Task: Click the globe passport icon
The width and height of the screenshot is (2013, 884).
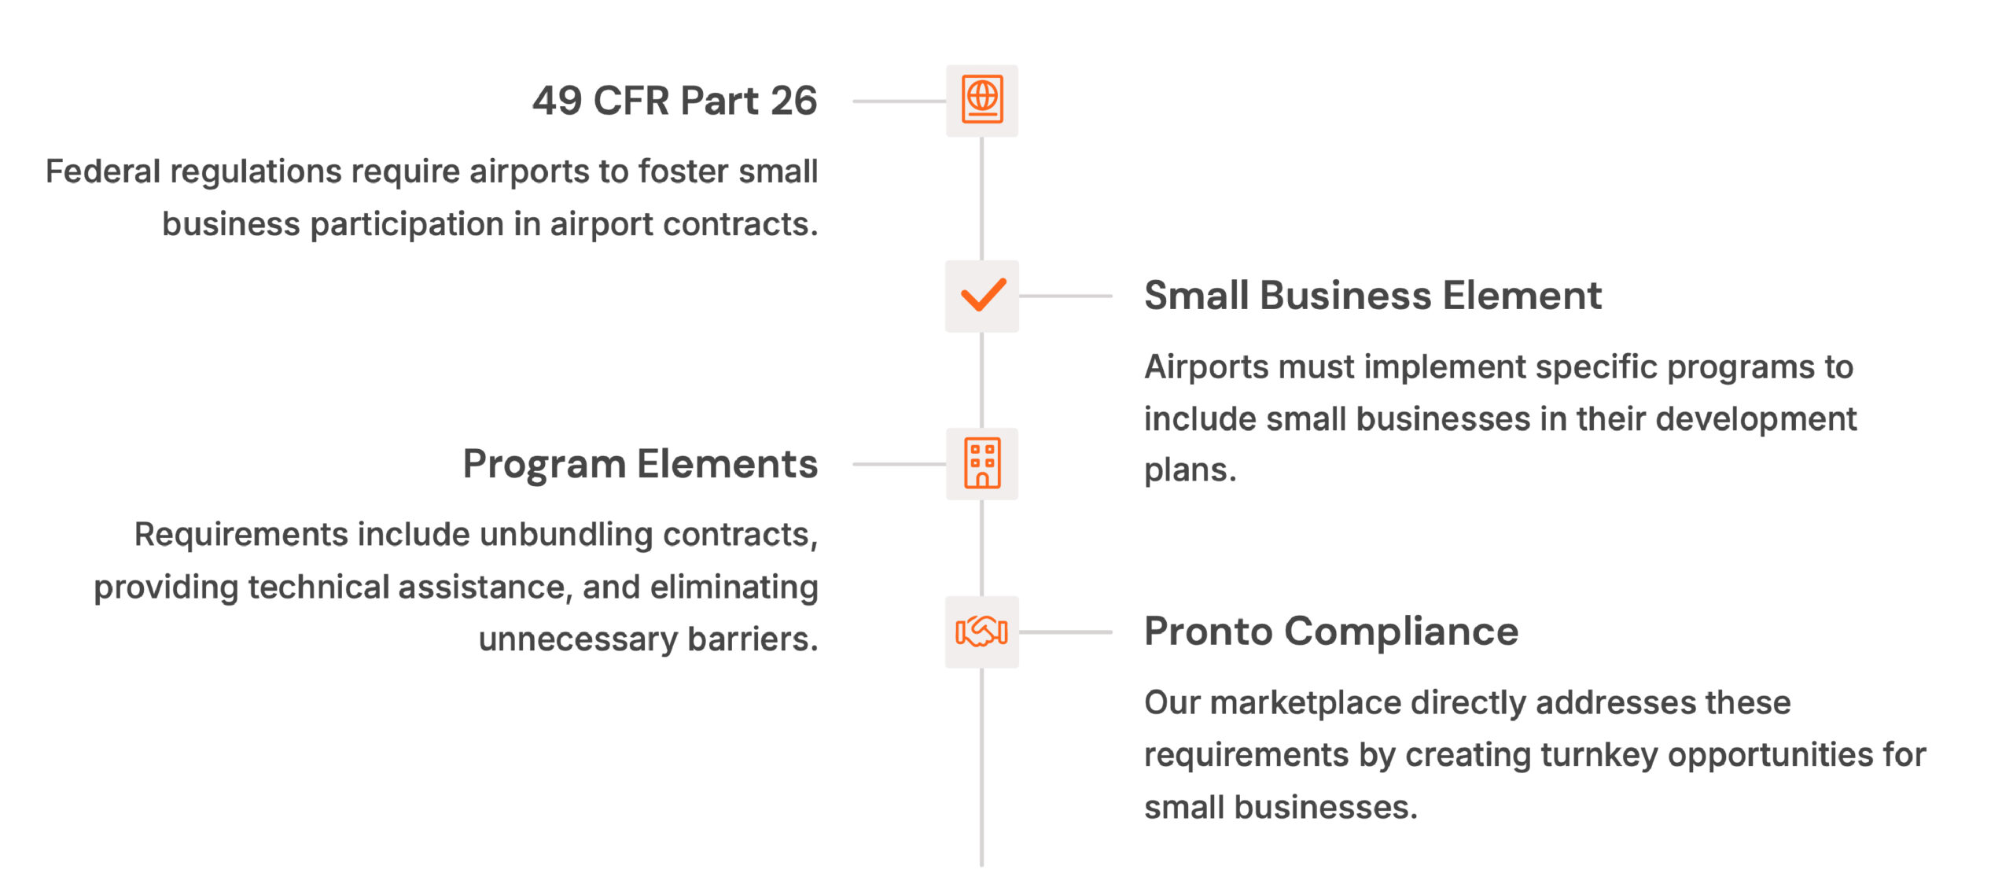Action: point(982,100)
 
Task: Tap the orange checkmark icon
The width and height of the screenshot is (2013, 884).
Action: point(983,296)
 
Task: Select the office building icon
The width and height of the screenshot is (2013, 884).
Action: point(982,463)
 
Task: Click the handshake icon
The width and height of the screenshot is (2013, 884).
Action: point(981,632)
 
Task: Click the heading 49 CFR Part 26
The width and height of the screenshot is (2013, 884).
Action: point(675,101)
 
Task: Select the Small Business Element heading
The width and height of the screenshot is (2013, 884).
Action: point(1372,296)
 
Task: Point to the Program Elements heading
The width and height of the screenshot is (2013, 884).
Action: point(640,464)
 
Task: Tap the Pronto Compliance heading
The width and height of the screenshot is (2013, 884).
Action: point(1331,632)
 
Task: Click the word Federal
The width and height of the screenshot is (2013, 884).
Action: point(103,171)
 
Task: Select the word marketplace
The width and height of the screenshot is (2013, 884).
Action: point(1305,703)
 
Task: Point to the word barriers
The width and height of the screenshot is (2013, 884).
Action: point(753,639)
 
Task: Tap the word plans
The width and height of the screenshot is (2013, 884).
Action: point(1190,471)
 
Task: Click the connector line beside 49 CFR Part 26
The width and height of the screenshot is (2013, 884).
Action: point(899,101)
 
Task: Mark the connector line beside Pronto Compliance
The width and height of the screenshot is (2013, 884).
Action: point(1065,632)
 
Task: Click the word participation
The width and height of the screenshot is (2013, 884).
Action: point(407,225)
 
